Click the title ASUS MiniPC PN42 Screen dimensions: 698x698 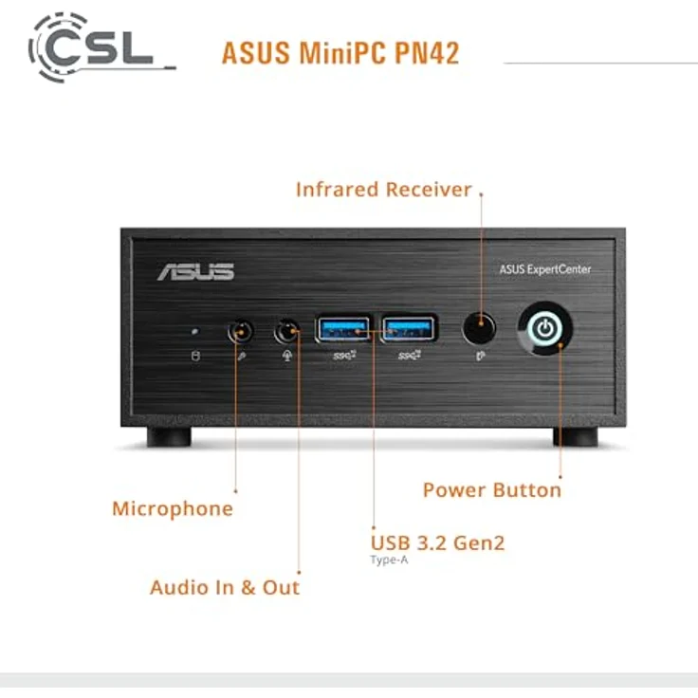340,52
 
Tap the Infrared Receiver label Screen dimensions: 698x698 383,190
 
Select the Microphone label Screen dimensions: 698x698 172,508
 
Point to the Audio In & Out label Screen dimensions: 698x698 225,587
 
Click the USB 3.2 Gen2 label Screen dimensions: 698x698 437,543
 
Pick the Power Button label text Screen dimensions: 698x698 491,490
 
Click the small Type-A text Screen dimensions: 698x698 389,560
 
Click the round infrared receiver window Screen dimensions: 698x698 480,330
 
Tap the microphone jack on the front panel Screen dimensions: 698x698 241,332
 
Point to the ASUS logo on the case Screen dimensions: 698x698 195,271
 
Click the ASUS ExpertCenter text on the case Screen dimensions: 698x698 544,269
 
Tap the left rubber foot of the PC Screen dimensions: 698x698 170,436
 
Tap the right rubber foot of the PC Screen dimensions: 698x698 576,436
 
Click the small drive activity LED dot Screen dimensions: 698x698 195,332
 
